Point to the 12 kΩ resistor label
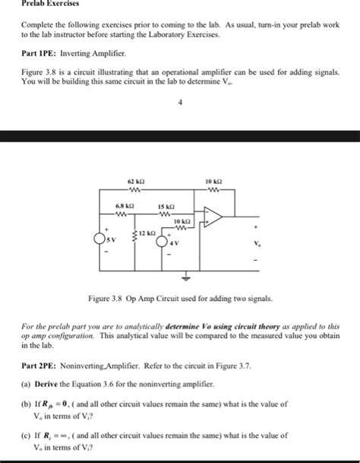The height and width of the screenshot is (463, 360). [x=148, y=233]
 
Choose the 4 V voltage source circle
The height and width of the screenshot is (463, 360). [x=162, y=242]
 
